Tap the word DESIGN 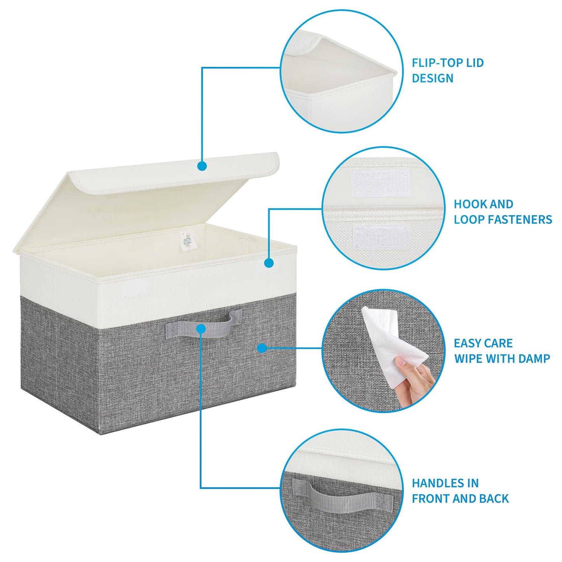point(432,78)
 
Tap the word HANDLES point(434,483)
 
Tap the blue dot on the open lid point(201,166)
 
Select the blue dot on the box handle point(201,329)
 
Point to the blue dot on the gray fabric point(262,348)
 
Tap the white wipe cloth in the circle point(389,342)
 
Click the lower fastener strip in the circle point(382,238)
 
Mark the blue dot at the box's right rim point(269,263)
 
